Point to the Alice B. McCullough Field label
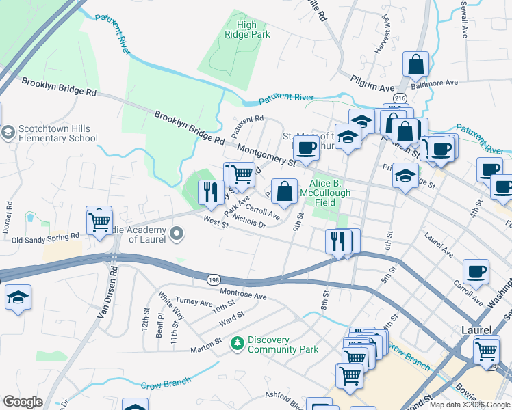(x=331, y=189)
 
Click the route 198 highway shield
(x=214, y=279)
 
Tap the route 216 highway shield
(x=400, y=99)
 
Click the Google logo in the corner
(x=23, y=402)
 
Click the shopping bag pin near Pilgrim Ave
(x=415, y=65)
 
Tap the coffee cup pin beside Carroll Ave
(x=476, y=272)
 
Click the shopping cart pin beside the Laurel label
(x=486, y=351)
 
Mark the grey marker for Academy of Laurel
(x=177, y=234)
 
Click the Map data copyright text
(x=470, y=405)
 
